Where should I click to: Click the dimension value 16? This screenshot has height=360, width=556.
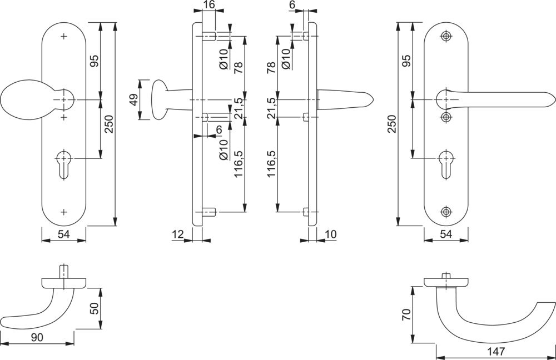coord(209,6)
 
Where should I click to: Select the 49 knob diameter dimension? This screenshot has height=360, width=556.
coord(133,100)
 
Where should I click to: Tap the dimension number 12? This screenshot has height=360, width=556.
coord(178,234)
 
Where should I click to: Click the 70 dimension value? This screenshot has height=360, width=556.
coord(406,316)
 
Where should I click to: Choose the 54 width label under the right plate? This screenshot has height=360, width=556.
coord(446,234)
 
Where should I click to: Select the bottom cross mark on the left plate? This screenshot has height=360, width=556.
coord(64,212)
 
